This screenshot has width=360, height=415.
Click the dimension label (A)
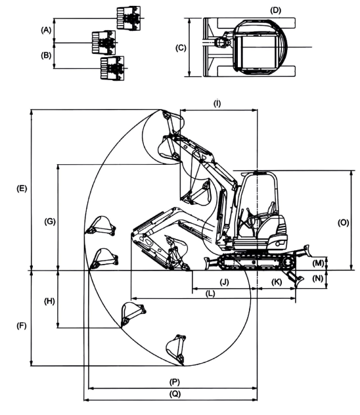(46, 30)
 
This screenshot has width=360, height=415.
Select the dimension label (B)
(46, 56)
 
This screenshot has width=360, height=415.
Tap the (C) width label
(181, 48)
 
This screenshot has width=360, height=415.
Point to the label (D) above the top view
(275, 11)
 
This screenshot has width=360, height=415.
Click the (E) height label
(22, 188)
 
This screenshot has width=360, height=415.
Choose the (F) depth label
(22, 326)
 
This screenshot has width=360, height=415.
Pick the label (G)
(50, 221)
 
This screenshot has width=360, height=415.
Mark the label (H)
(49, 301)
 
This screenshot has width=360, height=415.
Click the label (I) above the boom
(217, 104)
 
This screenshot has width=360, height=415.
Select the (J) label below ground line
(225, 282)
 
